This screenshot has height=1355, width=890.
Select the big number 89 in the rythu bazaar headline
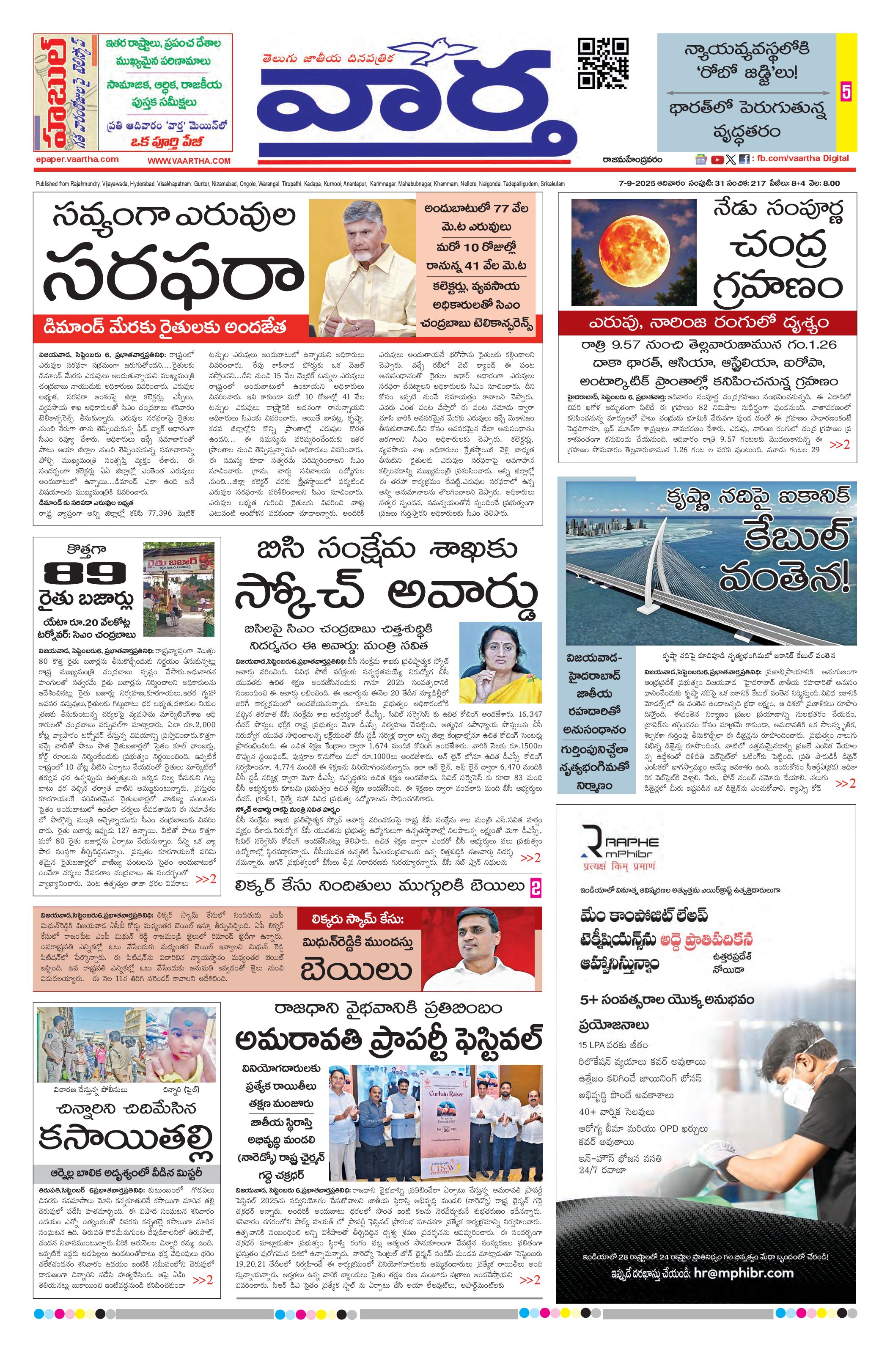85,572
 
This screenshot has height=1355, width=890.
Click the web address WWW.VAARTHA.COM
189,161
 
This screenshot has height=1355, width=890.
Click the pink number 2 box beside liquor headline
535,887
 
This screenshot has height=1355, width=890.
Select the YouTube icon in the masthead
717,159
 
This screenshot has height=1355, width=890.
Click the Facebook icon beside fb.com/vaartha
744,159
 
